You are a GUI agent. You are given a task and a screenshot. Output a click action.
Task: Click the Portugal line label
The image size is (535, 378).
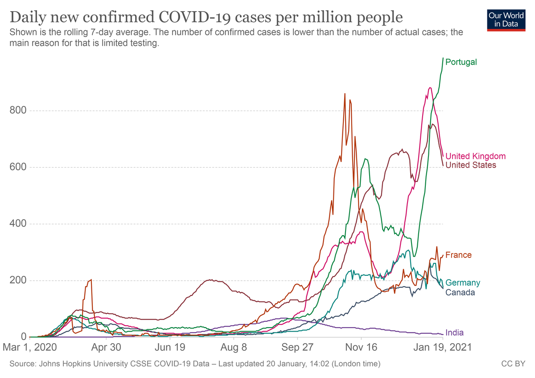pos(461,62)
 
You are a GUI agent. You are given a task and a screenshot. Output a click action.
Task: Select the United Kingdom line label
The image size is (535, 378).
pos(475,156)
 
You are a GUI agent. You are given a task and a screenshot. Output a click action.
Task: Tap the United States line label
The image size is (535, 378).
pos(470,165)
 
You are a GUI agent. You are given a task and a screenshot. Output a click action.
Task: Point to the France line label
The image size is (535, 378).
pos(458,255)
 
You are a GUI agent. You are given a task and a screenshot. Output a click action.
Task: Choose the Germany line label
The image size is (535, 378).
pos(463,283)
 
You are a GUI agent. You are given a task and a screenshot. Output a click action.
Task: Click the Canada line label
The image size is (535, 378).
pos(460,292)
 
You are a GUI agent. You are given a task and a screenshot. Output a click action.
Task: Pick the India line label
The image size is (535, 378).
pos(454,332)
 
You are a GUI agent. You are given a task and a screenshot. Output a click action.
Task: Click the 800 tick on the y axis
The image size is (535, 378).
pos(18,111)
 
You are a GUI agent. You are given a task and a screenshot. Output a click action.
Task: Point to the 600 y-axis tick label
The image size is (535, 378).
pos(18,167)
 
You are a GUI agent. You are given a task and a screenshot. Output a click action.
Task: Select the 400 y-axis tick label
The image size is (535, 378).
pos(18,224)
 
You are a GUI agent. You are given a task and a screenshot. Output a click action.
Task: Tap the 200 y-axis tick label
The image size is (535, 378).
pos(18,280)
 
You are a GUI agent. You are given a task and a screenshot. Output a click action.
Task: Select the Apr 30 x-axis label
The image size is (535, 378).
pos(107,347)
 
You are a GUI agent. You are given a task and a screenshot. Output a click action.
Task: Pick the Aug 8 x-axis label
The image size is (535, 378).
pos(234,347)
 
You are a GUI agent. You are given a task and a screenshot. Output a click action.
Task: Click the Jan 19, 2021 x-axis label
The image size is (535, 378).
pos(442,347)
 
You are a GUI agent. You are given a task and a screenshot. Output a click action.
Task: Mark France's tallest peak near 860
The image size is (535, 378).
pos(345,94)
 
